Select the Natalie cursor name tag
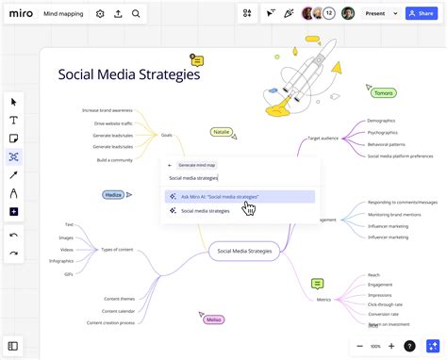point(222,132)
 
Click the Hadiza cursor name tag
point(114,194)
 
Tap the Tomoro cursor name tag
point(382,92)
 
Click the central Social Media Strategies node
point(244,251)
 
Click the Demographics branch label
point(381,121)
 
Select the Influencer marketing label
point(388,225)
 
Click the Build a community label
point(114,160)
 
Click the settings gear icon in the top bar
point(100,14)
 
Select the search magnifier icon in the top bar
point(136,14)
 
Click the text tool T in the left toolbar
point(14,120)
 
